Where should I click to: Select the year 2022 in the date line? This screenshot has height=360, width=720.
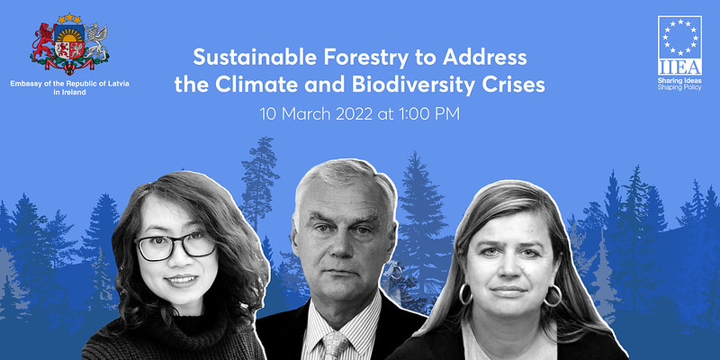(x=354, y=114)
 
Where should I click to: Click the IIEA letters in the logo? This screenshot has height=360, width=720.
(x=679, y=67)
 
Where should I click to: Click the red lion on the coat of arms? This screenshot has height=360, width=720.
(x=44, y=42)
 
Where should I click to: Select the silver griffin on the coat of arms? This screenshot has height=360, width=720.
(x=96, y=42)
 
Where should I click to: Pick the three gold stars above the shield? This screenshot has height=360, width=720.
(x=70, y=18)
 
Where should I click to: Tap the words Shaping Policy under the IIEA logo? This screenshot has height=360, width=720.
(x=679, y=87)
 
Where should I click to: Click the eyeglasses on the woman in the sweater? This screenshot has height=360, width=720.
(x=175, y=246)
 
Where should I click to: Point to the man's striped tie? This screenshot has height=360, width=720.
(x=336, y=346)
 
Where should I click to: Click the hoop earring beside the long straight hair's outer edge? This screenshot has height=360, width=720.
(x=553, y=296)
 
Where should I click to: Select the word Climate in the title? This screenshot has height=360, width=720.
(x=256, y=85)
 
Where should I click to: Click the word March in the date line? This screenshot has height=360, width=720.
(x=306, y=114)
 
